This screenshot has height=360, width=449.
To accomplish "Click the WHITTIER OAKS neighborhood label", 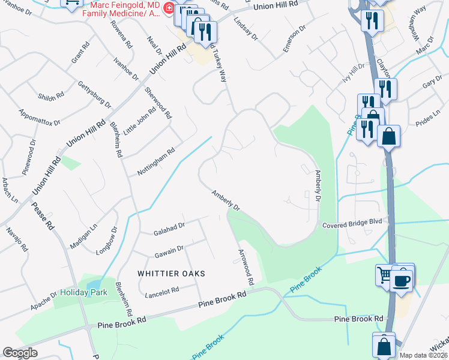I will [171, 274].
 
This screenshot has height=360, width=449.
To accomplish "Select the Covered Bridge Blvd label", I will [352, 222].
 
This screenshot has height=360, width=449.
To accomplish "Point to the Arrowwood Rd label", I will [246, 267].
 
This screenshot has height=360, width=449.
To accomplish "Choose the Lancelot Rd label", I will [162, 291].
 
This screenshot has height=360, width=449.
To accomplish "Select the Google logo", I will [20, 353].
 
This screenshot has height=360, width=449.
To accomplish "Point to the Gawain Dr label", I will [168, 248].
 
